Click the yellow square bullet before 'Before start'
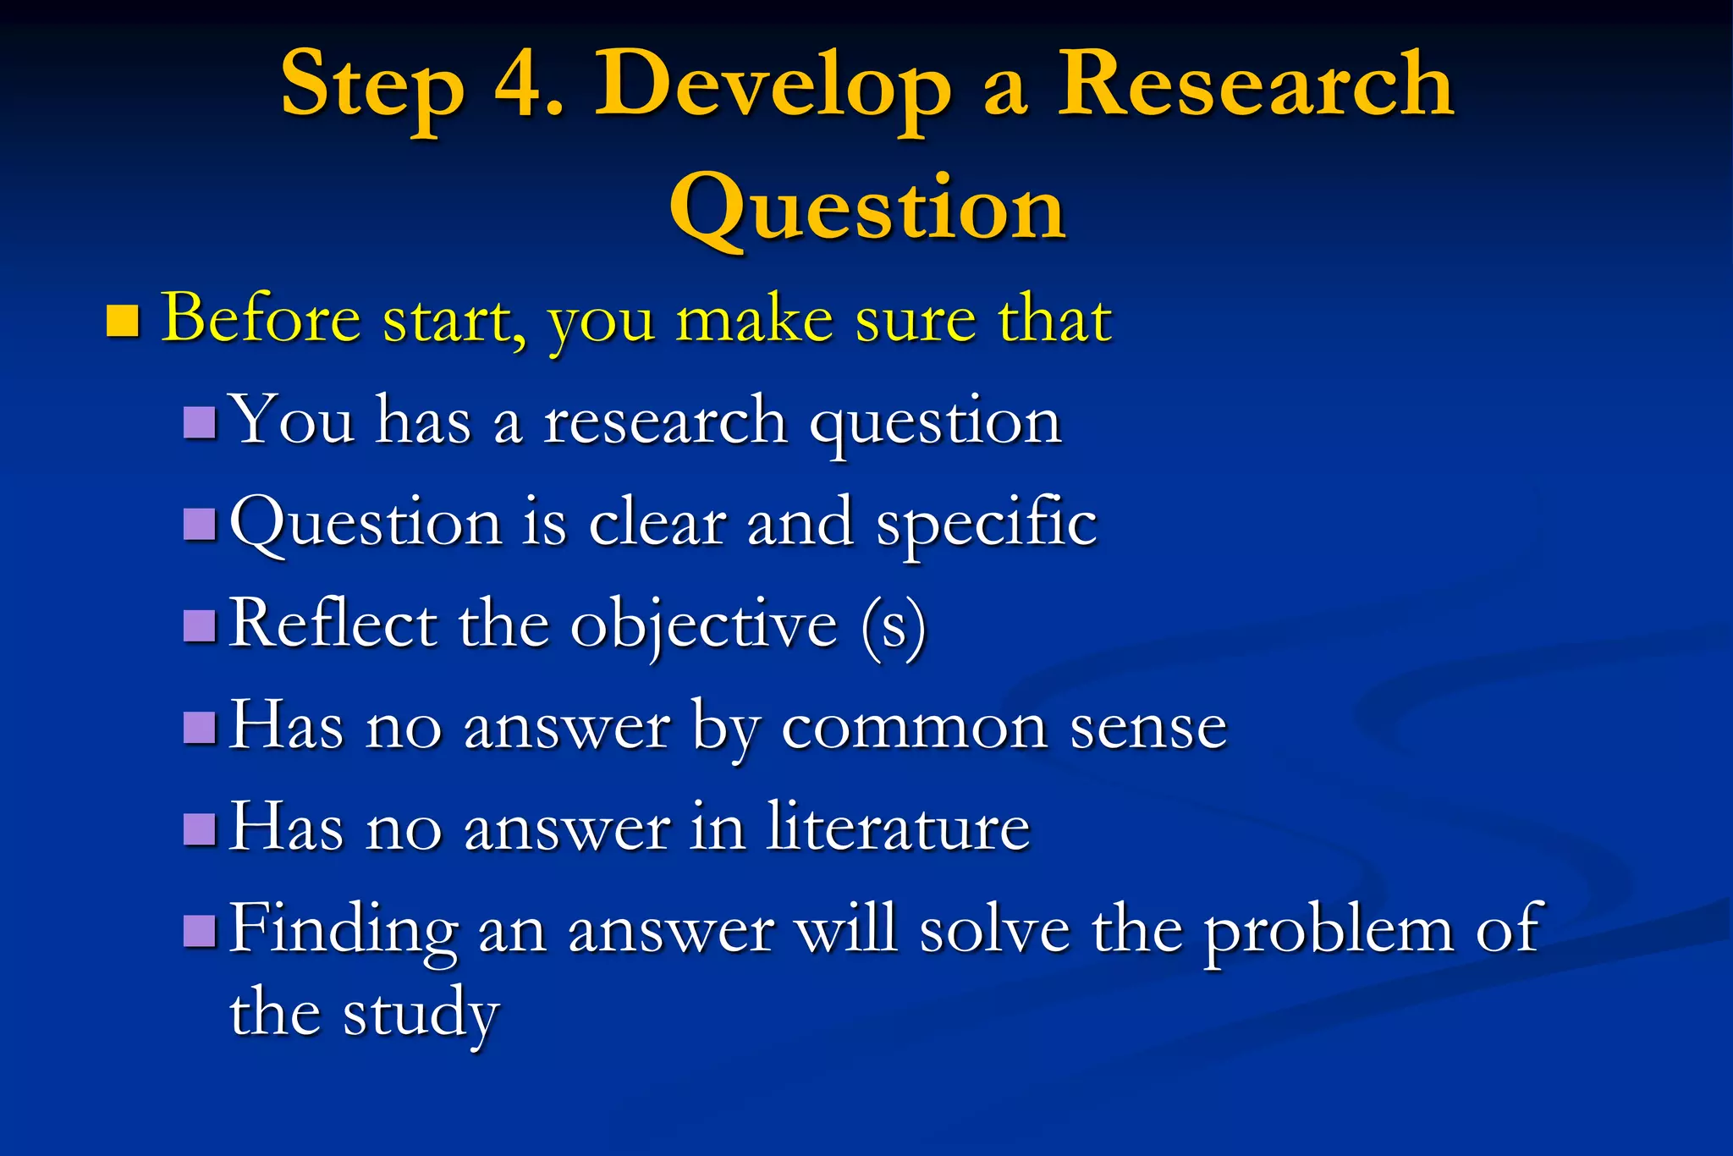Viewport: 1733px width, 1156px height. tap(123, 321)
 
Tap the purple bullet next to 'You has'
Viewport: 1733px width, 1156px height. tap(200, 421)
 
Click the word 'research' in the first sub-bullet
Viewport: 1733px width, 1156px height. tap(665, 421)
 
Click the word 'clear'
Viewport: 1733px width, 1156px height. tap(657, 523)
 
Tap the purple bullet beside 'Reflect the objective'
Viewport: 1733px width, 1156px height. tap(200, 625)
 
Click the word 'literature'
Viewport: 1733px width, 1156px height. tap(898, 827)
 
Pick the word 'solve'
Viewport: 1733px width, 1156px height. tap(994, 929)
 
